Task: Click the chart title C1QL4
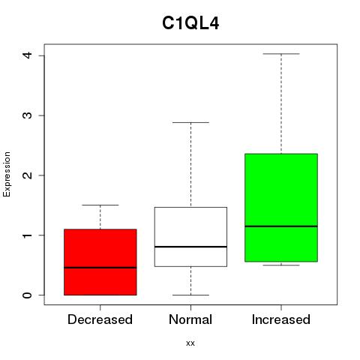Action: pyautogui.click(x=190, y=23)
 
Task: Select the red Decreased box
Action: pyautogui.click(x=100, y=262)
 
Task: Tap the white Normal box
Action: pyautogui.click(x=190, y=237)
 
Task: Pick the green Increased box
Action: pyautogui.click(x=281, y=208)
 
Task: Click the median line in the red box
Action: pyautogui.click(x=100, y=268)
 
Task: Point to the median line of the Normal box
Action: pyautogui.click(x=190, y=247)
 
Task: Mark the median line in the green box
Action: pyautogui.click(x=281, y=226)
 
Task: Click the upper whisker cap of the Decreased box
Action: pyautogui.click(x=100, y=205)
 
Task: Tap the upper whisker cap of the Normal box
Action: pyautogui.click(x=190, y=122)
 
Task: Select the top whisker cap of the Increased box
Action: pyautogui.click(x=281, y=54)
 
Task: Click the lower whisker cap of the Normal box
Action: pyautogui.click(x=190, y=295)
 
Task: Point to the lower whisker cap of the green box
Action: pyautogui.click(x=281, y=265)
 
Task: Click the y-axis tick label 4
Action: pyautogui.click(x=27, y=55)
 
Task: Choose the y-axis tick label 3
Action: pyautogui.click(x=27, y=115)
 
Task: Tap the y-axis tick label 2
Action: pyautogui.click(x=27, y=175)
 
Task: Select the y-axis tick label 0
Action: pyautogui.click(x=27, y=295)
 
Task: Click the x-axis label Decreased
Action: pyautogui.click(x=100, y=319)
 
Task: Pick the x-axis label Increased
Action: pyautogui.click(x=281, y=319)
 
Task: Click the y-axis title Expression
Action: pyautogui.click(x=7, y=174)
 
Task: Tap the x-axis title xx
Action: pyautogui.click(x=190, y=343)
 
